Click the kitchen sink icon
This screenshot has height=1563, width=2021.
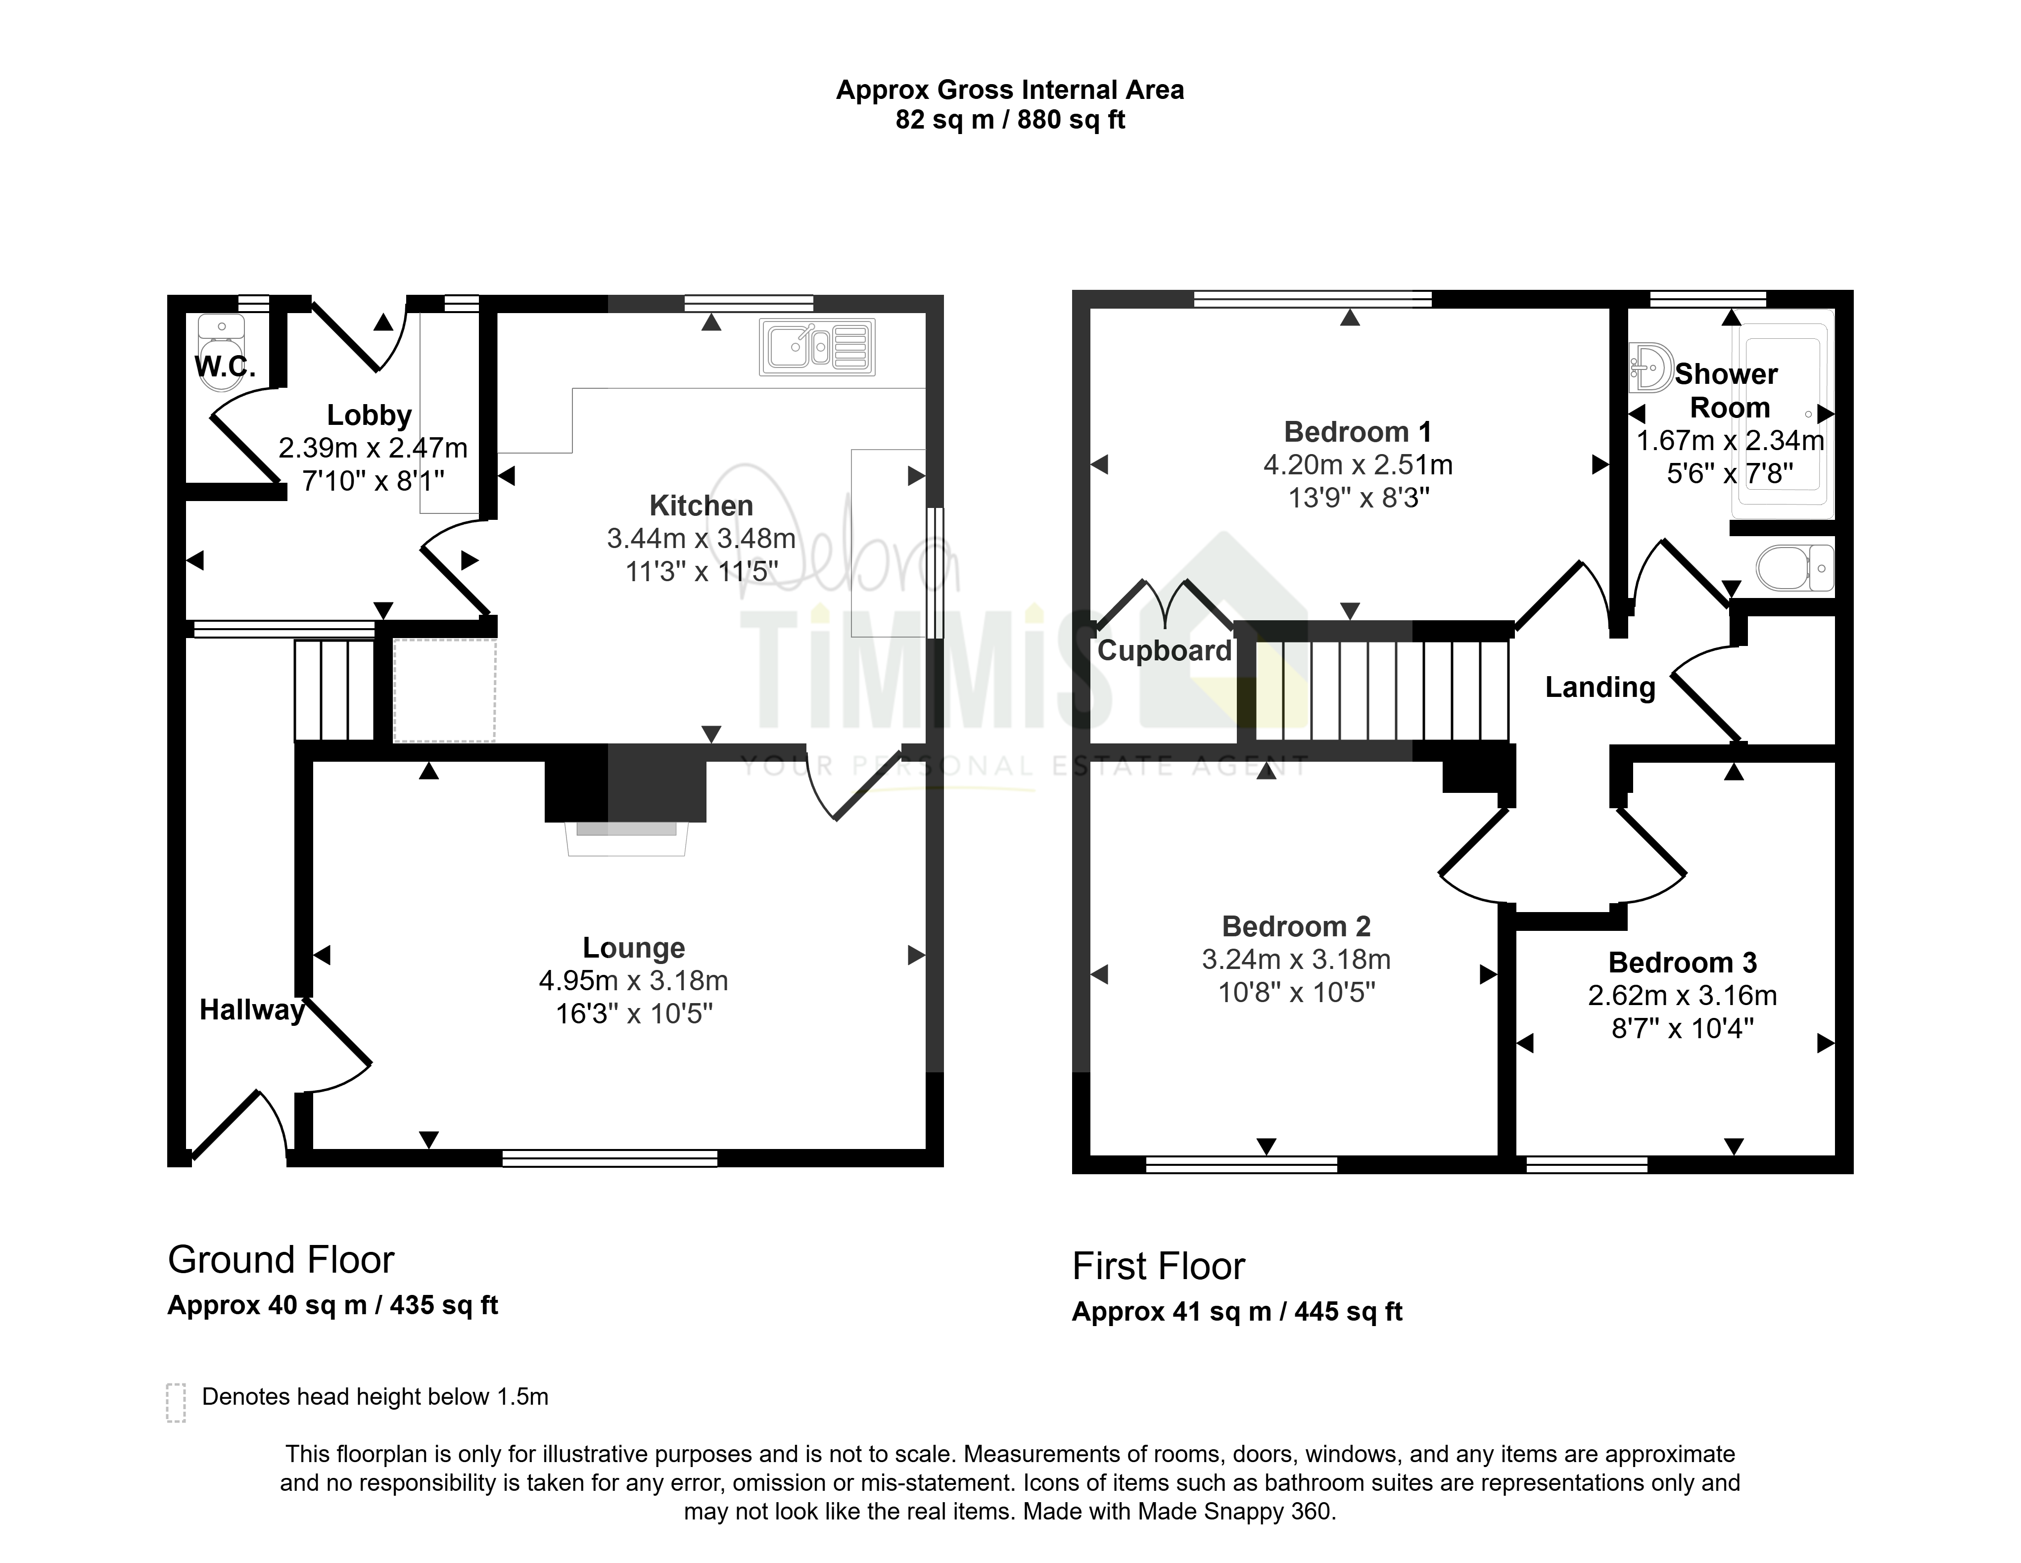[817, 347]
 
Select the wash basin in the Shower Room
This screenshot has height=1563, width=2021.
[1650, 368]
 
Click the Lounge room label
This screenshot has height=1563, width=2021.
[634, 948]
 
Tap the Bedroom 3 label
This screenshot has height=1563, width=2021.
[1682, 963]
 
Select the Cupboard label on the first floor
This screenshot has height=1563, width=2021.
[1164, 650]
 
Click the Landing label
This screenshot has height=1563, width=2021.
[1600, 687]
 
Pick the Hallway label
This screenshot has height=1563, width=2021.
[252, 1010]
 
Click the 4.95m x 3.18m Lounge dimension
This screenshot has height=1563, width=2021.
[634, 981]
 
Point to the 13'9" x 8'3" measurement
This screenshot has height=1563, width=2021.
[1359, 498]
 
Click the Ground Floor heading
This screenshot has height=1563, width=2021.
[282, 1259]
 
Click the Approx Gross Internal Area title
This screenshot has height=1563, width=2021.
[1010, 90]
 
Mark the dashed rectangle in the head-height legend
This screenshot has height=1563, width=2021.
[176, 1403]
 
